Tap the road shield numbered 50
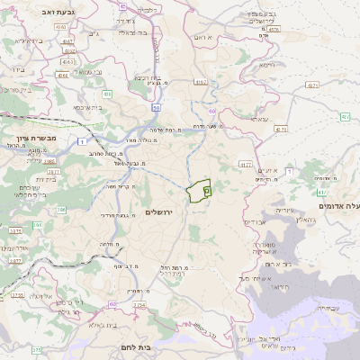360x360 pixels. click(x=156, y=108)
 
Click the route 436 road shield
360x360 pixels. click(x=107, y=94)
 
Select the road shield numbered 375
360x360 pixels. click(x=36, y=349)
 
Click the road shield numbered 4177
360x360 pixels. click(x=246, y=165)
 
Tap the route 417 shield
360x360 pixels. click(x=321, y=192)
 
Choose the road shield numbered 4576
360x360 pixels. click(x=274, y=29)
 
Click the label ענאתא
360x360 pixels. click(x=259, y=118)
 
